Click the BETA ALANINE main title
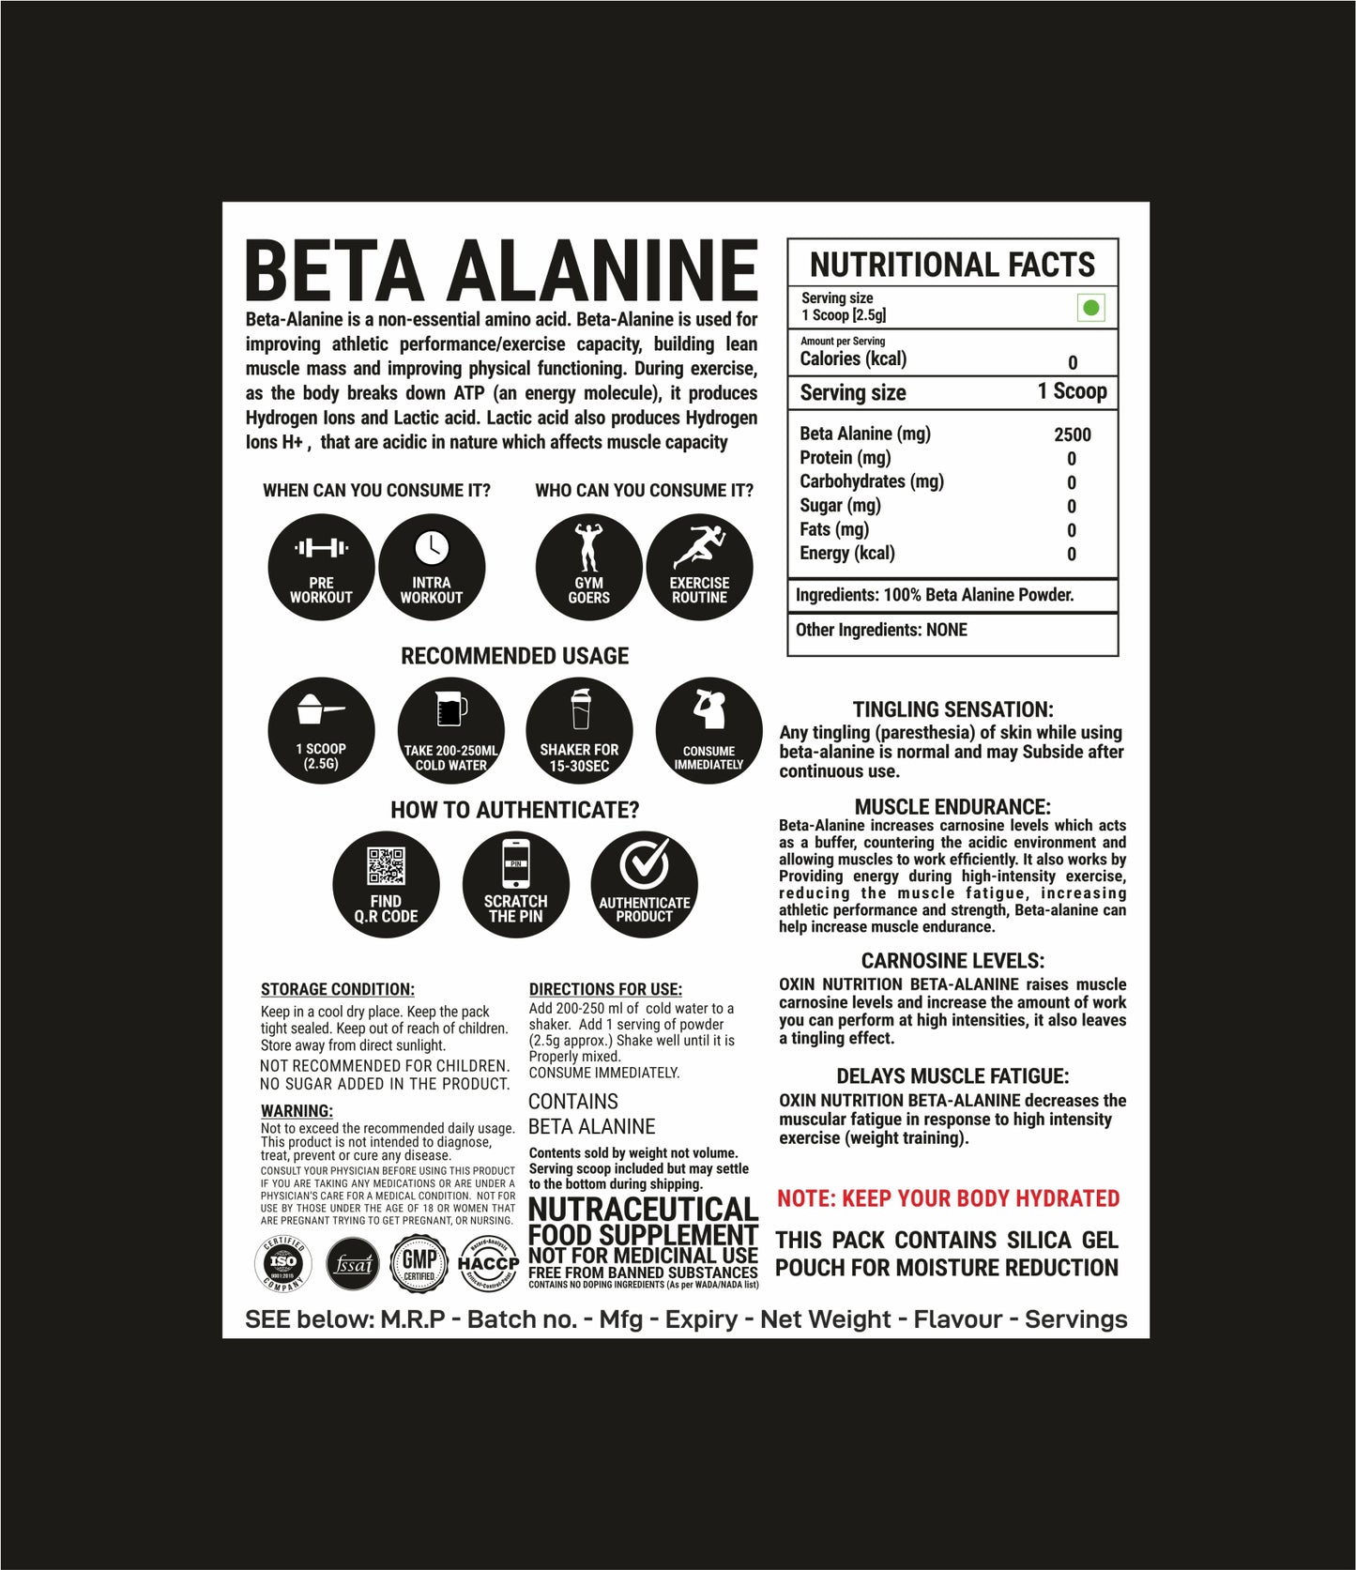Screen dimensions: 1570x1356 point(501,270)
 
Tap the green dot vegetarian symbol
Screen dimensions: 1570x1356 point(1090,308)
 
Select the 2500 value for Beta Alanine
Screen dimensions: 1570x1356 point(1072,434)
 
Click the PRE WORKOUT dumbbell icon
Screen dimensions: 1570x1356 point(321,567)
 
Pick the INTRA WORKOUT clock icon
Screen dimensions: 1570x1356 point(432,567)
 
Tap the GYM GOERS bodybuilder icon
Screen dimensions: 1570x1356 point(588,567)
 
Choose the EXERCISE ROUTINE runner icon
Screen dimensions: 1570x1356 point(699,567)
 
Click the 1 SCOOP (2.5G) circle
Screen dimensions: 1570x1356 point(321,731)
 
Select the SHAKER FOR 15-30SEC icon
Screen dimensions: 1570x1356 point(579,731)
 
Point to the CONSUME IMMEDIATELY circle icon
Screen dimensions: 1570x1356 point(708,731)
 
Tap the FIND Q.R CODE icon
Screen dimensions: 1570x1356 point(386,885)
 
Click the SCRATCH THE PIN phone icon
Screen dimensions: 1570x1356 point(515,885)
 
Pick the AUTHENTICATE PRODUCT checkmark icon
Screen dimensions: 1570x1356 point(644,885)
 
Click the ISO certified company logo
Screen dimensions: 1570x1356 point(283,1263)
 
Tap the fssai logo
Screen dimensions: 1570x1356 point(352,1264)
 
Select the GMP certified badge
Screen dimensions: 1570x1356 point(419,1263)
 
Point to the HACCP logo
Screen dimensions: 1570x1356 point(488,1263)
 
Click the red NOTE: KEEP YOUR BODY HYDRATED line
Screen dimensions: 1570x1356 point(948,1198)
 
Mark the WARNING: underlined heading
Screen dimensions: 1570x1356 point(297,1111)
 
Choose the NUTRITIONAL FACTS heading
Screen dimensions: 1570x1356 point(952,265)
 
